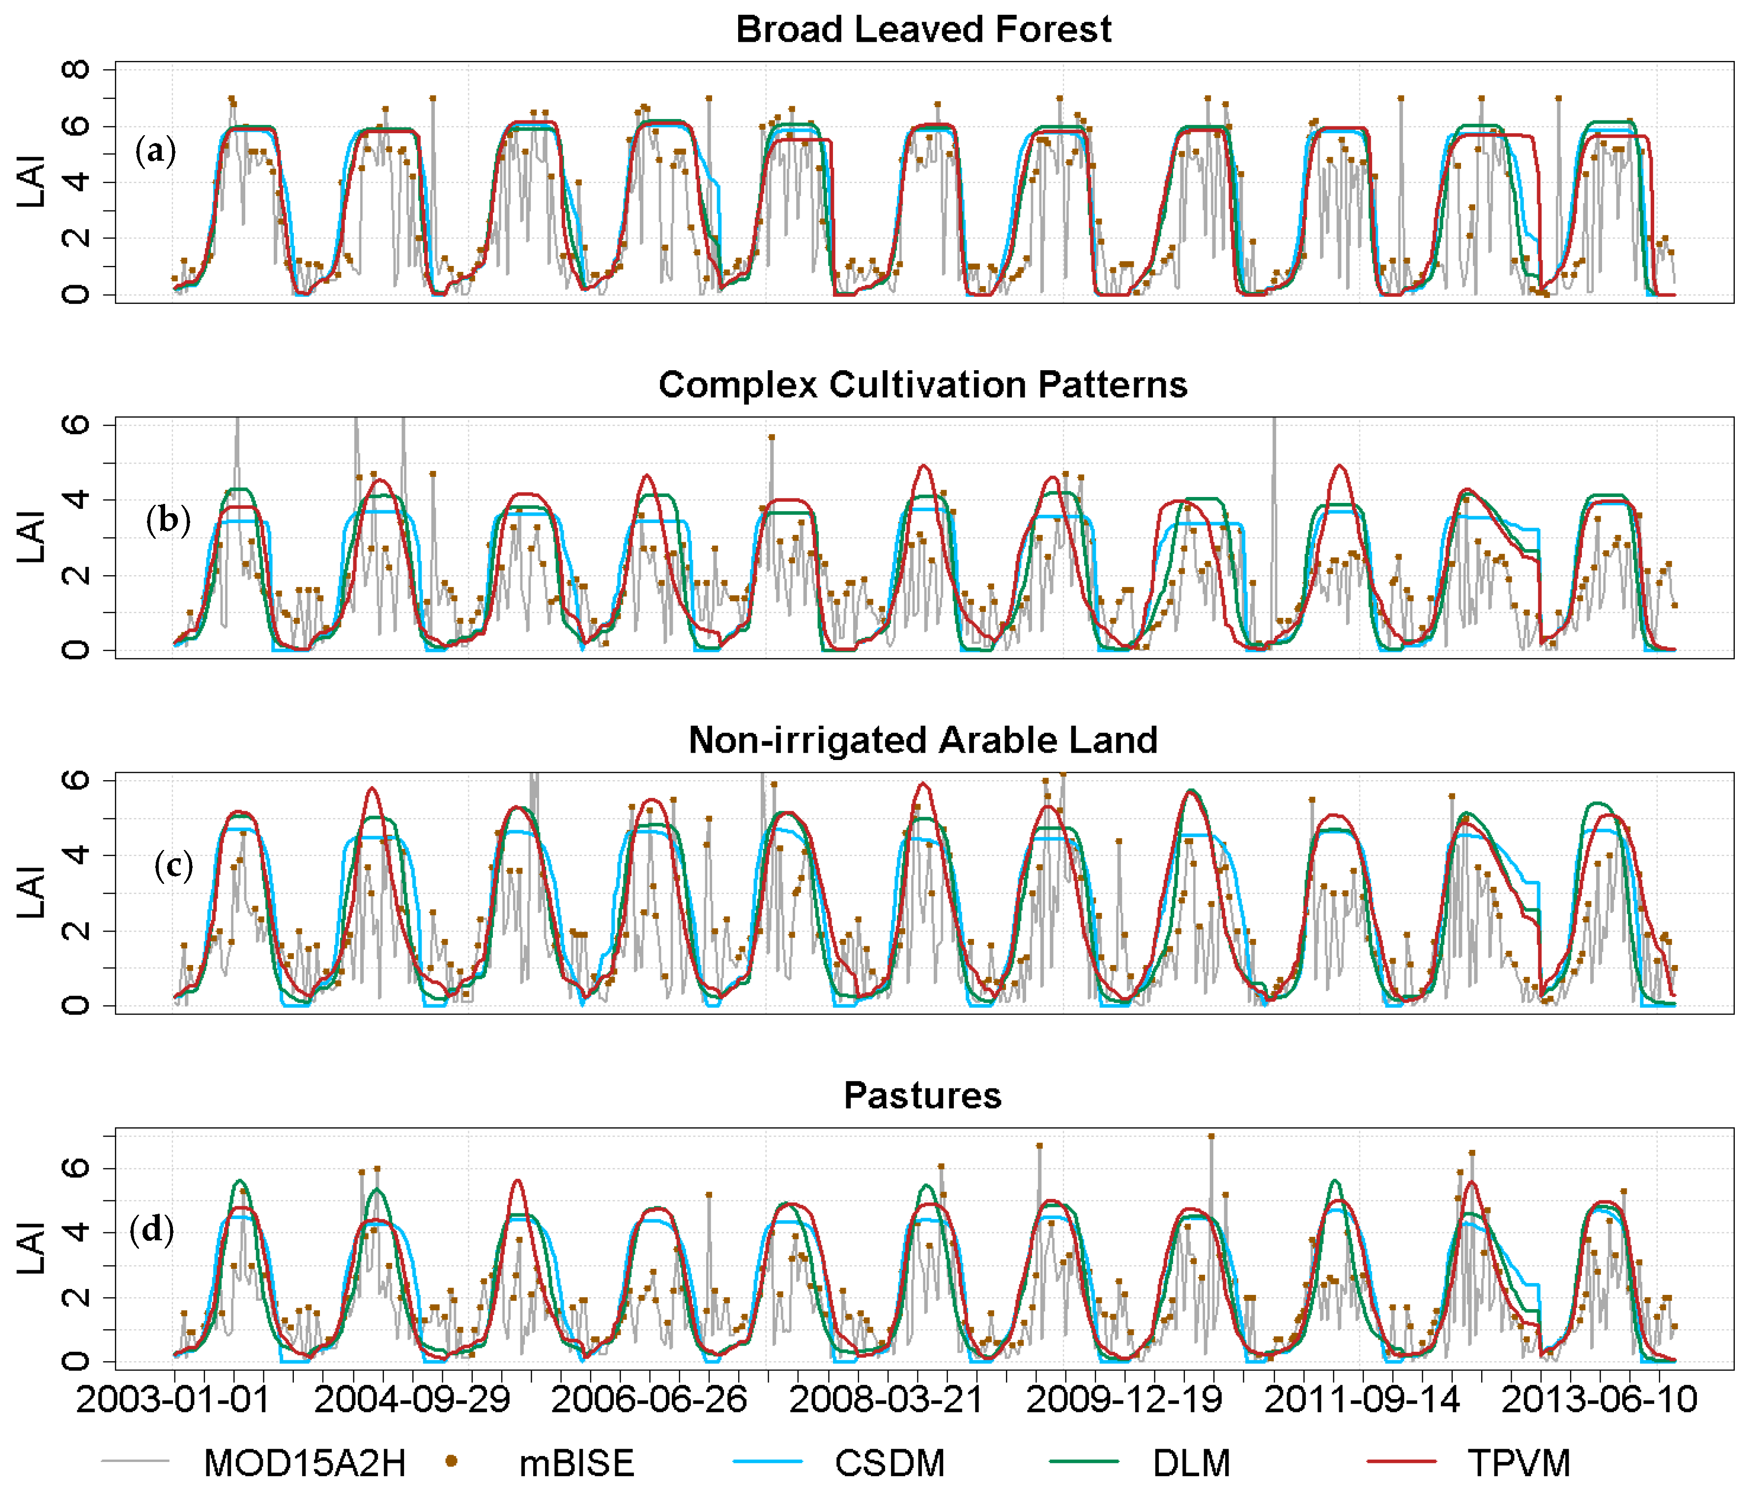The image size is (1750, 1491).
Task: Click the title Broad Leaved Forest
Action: [923, 29]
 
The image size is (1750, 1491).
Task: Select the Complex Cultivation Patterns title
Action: [923, 385]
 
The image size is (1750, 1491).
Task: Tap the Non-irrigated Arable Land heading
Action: [923, 741]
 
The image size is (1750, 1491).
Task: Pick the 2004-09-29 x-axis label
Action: [412, 1400]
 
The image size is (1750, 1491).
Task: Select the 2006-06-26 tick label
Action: [649, 1400]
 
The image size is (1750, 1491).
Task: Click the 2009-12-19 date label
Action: [1124, 1400]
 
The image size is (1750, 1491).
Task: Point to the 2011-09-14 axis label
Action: [1361, 1400]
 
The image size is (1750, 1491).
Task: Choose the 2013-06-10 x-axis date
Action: [1599, 1400]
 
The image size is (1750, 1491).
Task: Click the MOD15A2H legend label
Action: [305, 1464]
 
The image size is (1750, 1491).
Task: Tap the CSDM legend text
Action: [890, 1464]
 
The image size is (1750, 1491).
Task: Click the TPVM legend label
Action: [1519, 1464]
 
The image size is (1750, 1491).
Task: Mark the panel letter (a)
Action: [155, 152]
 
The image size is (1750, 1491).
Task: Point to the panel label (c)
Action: [173, 866]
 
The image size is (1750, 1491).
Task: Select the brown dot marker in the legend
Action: [452, 1462]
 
